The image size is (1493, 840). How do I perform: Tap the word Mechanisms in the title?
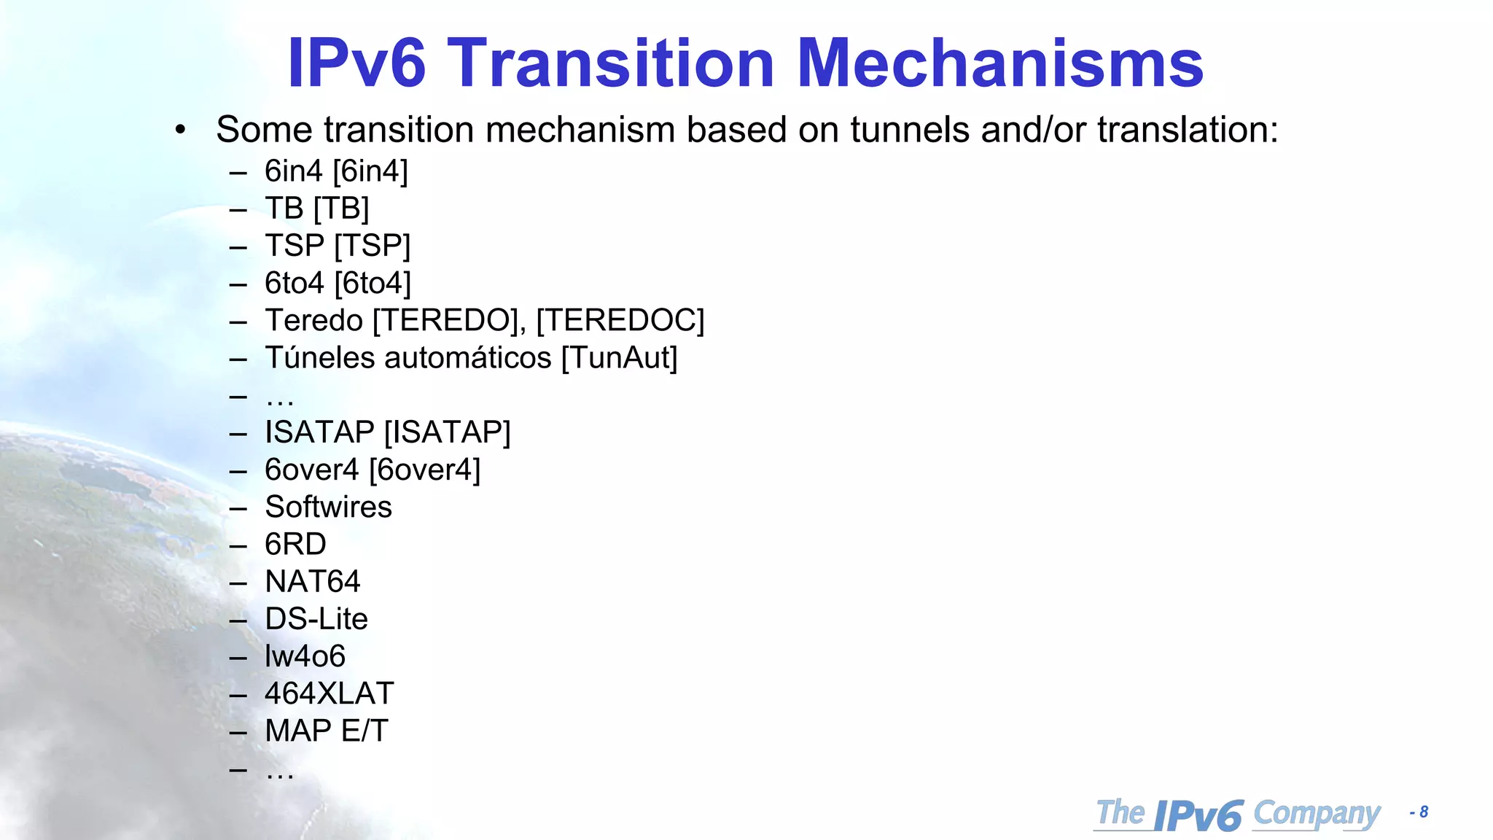point(999,63)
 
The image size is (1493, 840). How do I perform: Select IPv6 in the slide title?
point(356,63)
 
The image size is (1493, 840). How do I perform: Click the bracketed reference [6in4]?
point(370,171)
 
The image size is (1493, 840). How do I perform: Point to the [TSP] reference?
point(373,246)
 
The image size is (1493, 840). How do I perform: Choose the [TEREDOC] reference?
point(620,321)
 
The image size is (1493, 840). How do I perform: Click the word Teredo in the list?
point(314,321)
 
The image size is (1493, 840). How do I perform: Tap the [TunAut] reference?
point(620,358)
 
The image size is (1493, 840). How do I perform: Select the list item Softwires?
point(328,507)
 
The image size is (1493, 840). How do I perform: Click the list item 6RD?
point(295,544)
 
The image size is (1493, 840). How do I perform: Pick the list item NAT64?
point(313,582)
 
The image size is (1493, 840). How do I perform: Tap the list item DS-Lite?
point(316,619)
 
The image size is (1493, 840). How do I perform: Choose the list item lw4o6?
point(305,656)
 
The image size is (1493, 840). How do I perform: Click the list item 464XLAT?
point(330,693)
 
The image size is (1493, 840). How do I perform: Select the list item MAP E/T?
point(327,731)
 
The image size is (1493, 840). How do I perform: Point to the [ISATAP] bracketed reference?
point(448,432)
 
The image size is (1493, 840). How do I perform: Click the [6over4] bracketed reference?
point(425,470)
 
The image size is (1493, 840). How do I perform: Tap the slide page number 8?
point(1423,812)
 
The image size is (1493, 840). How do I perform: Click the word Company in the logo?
point(1317,814)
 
